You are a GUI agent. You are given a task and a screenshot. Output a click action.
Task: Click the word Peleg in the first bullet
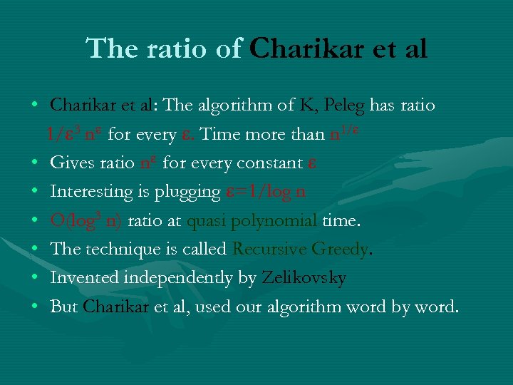click(x=344, y=106)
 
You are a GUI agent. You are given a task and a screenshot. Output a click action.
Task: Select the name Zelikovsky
click(x=304, y=278)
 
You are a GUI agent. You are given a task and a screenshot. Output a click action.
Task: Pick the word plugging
click(x=190, y=192)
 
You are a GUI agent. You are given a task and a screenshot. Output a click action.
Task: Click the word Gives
click(x=68, y=163)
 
